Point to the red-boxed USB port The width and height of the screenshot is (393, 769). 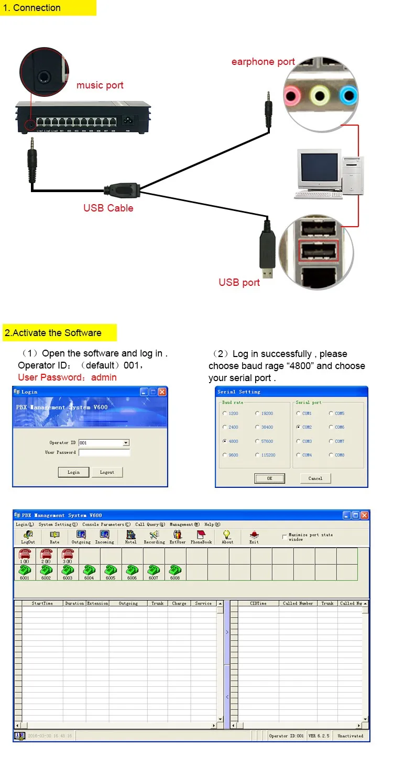(319, 250)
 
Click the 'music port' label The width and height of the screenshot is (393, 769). (100, 85)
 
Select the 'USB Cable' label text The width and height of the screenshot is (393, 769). (108, 208)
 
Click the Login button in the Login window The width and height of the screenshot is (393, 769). (73, 472)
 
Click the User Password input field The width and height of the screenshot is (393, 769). (104, 453)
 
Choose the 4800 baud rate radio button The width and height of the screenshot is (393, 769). (225, 441)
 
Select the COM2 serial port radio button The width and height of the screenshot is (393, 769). (298, 427)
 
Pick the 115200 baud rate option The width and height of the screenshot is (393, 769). (257, 455)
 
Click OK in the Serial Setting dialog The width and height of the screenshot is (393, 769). (269, 478)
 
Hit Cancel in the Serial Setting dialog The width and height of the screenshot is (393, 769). (315, 478)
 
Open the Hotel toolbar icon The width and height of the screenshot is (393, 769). (130, 537)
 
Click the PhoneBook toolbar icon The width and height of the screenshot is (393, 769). (201, 537)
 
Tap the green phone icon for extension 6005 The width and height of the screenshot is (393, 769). (111, 571)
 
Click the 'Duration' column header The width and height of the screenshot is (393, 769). (74, 604)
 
